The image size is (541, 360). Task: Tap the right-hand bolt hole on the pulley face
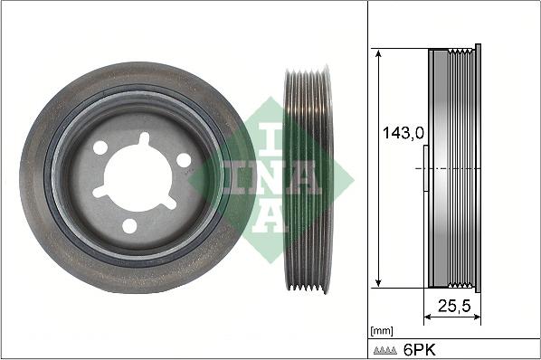point(184,160)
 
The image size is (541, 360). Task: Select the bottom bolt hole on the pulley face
point(129,225)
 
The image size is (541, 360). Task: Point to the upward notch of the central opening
point(142,139)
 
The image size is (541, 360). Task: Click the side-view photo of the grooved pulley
point(308,178)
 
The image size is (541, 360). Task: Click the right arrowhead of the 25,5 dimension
point(476,317)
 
